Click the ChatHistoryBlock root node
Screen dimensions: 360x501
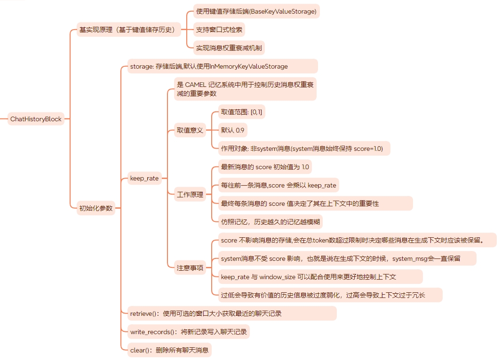tap(36, 119)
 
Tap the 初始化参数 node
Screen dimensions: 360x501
tap(96, 208)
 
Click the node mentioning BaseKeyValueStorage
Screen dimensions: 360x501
tap(256, 11)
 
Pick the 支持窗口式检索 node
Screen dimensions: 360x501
tap(219, 30)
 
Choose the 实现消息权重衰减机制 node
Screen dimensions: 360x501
tap(229, 47)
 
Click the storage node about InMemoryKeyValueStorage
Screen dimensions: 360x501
tap(222, 66)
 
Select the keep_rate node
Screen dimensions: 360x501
tap(144, 178)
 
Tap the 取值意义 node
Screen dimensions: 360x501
tap(190, 130)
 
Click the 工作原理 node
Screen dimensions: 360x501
tap(190, 195)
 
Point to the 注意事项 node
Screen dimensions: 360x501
tap(190, 268)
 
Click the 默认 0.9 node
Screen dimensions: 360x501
tap(232, 130)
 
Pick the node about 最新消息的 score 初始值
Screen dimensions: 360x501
tap(265, 167)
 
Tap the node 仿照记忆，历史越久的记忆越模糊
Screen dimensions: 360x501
tap(271, 221)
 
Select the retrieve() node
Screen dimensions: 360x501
tap(232, 313)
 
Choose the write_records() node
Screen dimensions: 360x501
tap(188, 332)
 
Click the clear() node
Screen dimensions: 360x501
tap(169, 350)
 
